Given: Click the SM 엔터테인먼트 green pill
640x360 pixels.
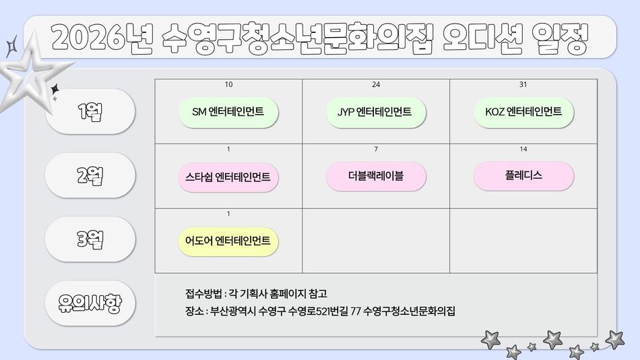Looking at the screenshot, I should tap(228, 112).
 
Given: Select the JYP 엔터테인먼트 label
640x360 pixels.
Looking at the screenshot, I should tap(376, 112).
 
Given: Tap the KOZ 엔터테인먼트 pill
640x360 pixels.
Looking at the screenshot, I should tap(523, 112).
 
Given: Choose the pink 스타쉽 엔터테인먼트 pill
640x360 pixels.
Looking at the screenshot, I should tap(228, 177).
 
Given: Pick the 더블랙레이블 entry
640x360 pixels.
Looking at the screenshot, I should tap(376, 177).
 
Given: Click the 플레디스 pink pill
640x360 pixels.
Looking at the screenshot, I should tap(523, 176).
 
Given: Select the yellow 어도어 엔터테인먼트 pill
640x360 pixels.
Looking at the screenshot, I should tap(228, 241).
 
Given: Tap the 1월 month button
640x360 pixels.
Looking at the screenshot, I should tap(90, 111).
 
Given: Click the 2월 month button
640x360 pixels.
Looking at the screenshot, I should tap(90, 175).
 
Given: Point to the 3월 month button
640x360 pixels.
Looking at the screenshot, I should tap(90, 239).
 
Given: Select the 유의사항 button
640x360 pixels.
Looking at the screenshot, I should tap(90, 303).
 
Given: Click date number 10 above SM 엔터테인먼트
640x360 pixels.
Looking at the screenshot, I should tap(229, 84).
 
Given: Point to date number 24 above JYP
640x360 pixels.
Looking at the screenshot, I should tap(376, 84).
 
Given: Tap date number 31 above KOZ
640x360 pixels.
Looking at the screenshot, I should tap(523, 84).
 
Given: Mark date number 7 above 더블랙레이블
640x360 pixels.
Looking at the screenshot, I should tap(376, 149).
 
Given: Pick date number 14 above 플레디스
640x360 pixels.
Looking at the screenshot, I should tap(523, 149).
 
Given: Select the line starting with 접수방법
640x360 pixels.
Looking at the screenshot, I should tap(256, 293).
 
